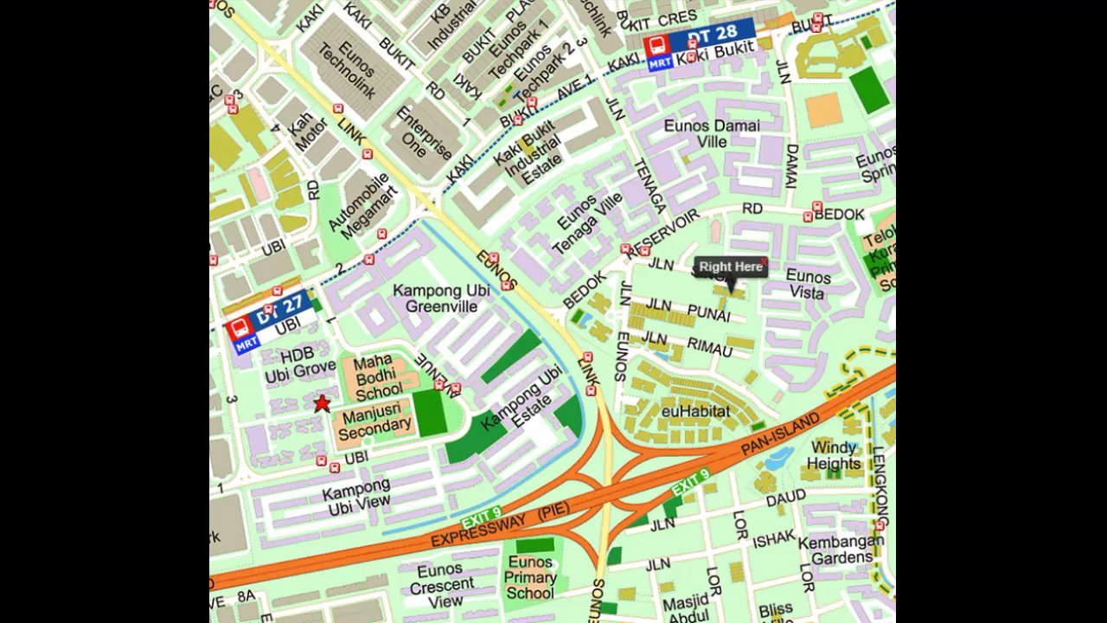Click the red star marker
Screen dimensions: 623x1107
[322, 403]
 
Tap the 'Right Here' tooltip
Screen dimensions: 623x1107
[731, 267]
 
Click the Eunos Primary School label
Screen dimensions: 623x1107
[530, 577]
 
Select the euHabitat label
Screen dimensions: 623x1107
[695, 411]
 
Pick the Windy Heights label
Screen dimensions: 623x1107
[834, 455]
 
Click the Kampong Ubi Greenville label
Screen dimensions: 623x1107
[441, 298]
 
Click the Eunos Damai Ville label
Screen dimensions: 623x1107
[712, 133]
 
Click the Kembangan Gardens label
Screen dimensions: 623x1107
[841, 549]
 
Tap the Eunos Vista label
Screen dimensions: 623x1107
[808, 285]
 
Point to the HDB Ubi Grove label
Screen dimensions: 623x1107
[300, 364]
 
